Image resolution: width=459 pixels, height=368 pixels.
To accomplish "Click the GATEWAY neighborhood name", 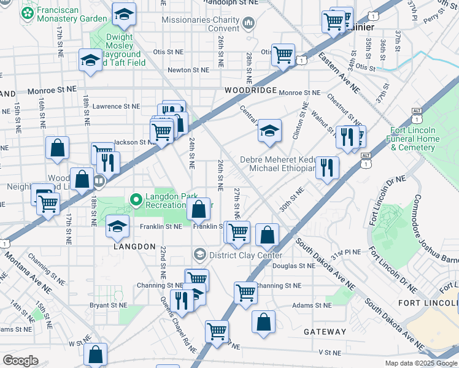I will click(325, 331).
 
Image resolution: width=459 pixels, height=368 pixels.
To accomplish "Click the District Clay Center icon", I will click(199, 255).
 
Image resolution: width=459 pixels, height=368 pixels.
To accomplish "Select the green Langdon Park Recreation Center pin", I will click(136, 199).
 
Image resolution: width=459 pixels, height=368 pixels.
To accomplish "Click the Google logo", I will click(21, 360).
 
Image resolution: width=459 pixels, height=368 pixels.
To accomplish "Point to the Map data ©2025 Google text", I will click(421, 363).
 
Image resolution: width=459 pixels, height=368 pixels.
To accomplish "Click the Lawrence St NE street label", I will click(116, 106).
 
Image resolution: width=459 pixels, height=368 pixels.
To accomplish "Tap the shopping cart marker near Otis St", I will click(283, 55).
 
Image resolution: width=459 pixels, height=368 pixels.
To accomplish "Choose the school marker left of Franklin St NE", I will click(118, 226).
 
